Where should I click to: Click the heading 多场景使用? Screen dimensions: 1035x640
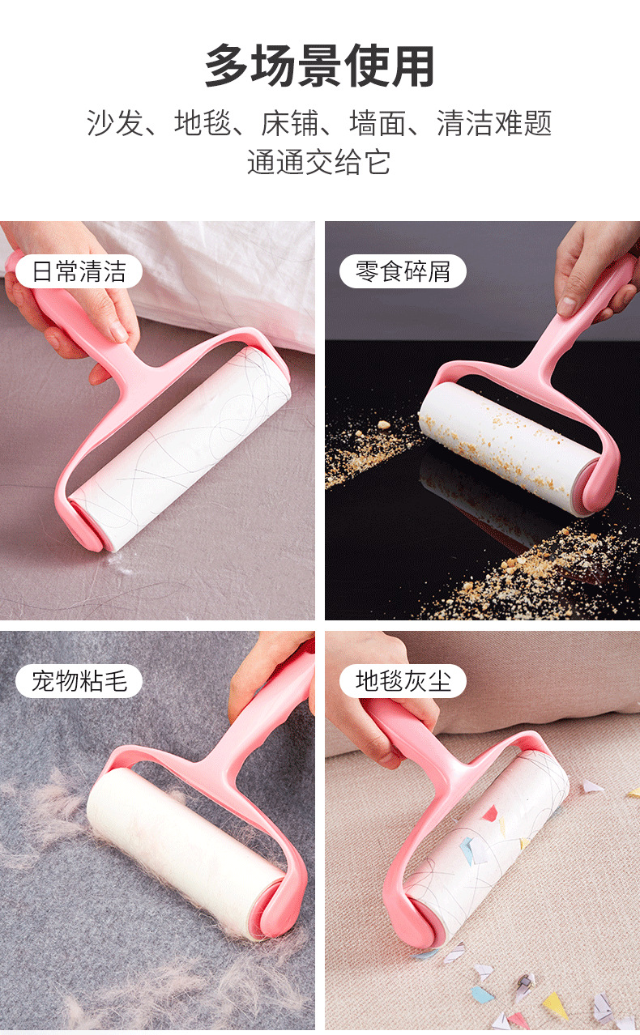319,67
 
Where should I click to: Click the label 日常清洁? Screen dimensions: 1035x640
79,271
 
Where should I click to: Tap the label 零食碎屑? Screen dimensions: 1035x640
403,271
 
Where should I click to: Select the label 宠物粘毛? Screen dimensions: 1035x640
79,681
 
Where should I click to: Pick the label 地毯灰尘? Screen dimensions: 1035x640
403,681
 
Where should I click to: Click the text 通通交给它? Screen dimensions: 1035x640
319,162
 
